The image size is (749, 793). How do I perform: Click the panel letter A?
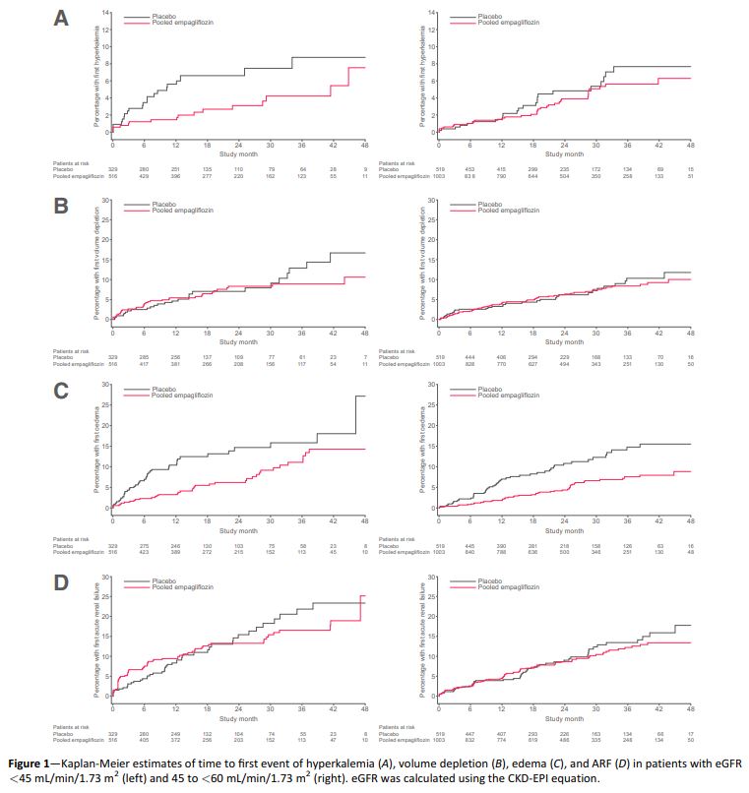[60, 21]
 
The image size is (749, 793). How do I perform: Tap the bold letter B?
[60, 209]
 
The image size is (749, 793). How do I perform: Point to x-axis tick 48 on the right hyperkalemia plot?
[691, 145]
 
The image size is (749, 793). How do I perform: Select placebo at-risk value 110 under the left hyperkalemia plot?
[237, 168]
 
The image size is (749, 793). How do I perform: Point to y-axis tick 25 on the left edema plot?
[105, 404]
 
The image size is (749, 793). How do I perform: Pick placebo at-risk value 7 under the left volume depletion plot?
[364, 356]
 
